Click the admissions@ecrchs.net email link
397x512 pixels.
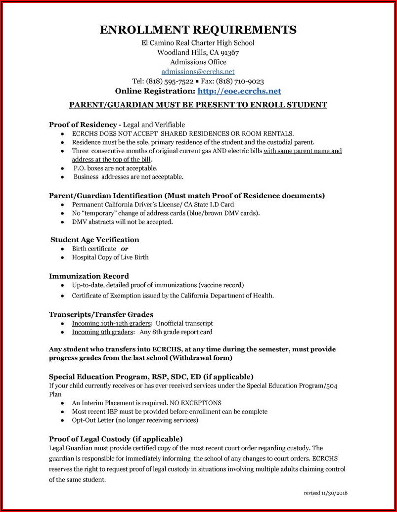(x=198, y=72)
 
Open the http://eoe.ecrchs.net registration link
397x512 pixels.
(x=239, y=91)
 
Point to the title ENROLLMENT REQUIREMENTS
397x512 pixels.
(x=198, y=30)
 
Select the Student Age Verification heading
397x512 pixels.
(x=95, y=240)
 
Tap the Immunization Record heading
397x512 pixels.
(x=89, y=276)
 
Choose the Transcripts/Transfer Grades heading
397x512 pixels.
(x=101, y=314)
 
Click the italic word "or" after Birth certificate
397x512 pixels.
(x=125, y=249)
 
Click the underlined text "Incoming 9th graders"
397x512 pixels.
(x=102, y=332)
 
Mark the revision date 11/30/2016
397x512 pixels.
(x=338, y=493)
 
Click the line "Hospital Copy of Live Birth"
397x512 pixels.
(x=110, y=257)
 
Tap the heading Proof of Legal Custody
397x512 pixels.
(x=116, y=439)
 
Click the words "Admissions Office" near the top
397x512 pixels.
(x=198, y=62)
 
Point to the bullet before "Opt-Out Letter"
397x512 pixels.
(x=62, y=421)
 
